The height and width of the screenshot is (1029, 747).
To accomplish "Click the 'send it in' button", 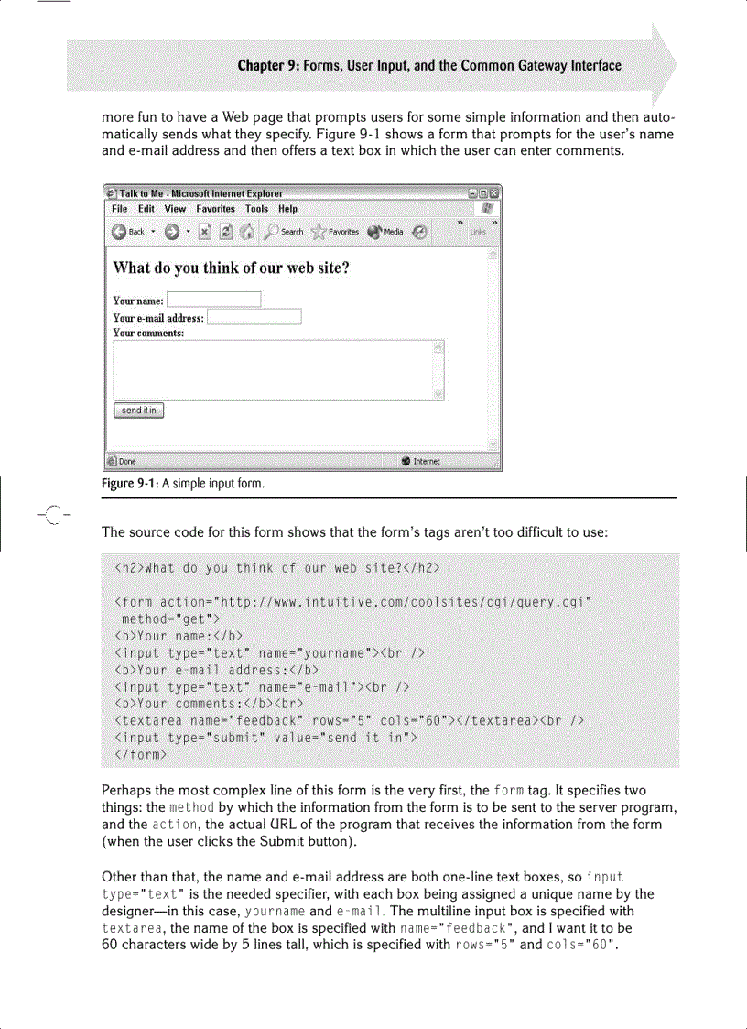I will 138,411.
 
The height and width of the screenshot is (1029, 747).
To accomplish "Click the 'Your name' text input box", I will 213,300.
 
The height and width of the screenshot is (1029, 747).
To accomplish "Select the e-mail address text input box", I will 254,317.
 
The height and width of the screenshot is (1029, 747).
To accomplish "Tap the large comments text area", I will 274,369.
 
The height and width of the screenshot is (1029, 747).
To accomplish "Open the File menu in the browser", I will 119,209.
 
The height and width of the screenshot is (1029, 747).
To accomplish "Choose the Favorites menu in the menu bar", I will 216,209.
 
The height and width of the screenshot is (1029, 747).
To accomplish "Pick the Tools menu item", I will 256,209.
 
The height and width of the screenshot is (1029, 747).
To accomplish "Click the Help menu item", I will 287,209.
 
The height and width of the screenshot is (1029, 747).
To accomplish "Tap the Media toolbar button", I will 385,232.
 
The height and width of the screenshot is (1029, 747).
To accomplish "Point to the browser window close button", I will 494,193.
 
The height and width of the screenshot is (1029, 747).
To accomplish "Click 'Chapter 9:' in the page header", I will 270,65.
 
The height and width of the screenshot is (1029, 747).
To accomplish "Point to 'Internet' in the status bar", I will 427,461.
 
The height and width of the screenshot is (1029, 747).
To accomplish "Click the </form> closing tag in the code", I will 140,756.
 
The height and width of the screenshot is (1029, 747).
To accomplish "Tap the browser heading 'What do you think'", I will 231,268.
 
